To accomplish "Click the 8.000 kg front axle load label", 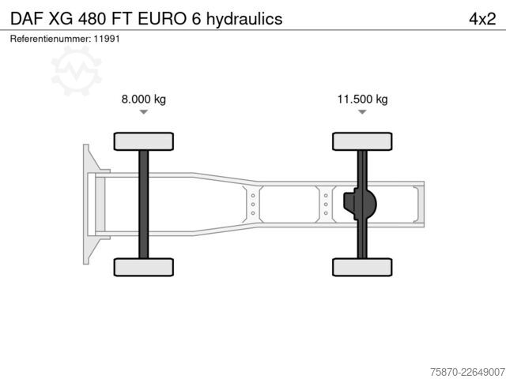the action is pyautogui.click(x=144, y=99).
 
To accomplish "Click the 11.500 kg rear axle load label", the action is pyautogui.click(x=362, y=99).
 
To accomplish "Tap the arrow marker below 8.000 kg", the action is pyautogui.click(x=144, y=112).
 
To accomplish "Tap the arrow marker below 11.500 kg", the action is pyautogui.click(x=362, y=112).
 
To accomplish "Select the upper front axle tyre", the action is pyautogui.click(x=144, y=141).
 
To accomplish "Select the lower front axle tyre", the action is pyautogui.click(x=144, y=267).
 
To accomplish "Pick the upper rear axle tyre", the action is pyautogui.click(x=362, y=141).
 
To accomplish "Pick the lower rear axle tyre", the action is pyautogui.click(x=362, y=267).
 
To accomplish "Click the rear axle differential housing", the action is pyautogui.click(x=361, y=205).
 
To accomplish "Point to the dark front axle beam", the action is pyautogui.click(x=144, y=205).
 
